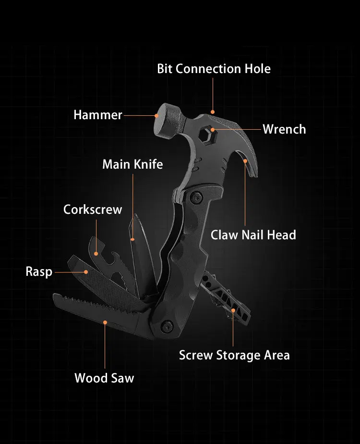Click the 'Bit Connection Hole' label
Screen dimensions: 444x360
(x=214, y=69)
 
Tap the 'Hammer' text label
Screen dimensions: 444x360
(x=98, y=115)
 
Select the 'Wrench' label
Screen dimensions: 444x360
(x=284, y=129)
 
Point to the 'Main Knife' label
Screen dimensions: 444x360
(x=132, y=164)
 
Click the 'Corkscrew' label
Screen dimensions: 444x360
(x=93, y=210)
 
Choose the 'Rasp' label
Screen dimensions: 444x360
(x=39, y=272)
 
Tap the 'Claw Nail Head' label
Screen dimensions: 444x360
(x=253, y=235)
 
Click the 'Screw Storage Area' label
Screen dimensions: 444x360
(x=234, y=355)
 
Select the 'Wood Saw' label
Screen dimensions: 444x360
(x=104, y=378)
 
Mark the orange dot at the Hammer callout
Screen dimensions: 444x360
(x=156, y=115)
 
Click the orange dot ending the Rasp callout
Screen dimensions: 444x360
(x=86, y=272)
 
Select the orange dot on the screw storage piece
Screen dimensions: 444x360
(x=234, y=310)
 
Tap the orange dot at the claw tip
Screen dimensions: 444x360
(x=245, y=161)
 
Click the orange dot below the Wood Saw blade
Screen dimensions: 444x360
(x=105, y=322)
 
